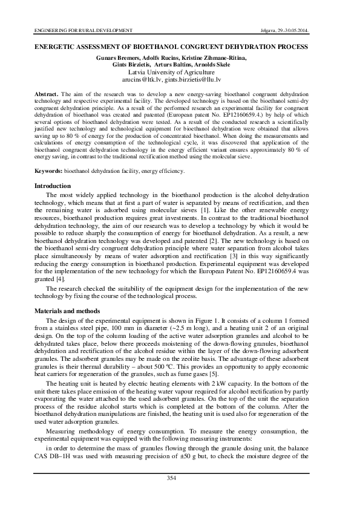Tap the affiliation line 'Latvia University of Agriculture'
tap(180, 71)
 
